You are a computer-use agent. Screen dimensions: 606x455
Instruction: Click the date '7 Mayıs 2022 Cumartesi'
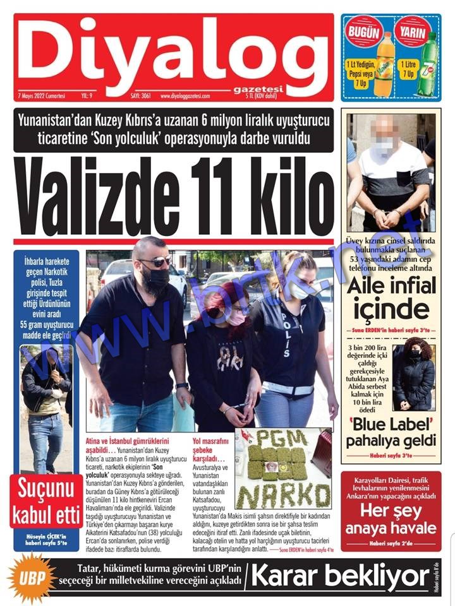[42, 96]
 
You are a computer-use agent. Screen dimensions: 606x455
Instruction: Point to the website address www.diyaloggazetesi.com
[194, 96]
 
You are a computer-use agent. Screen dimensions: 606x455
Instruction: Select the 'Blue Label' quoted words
[392, 422]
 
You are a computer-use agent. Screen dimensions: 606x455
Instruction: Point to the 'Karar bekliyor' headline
[341, 576]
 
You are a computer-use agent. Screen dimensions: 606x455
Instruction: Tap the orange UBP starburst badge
[31, 576]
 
